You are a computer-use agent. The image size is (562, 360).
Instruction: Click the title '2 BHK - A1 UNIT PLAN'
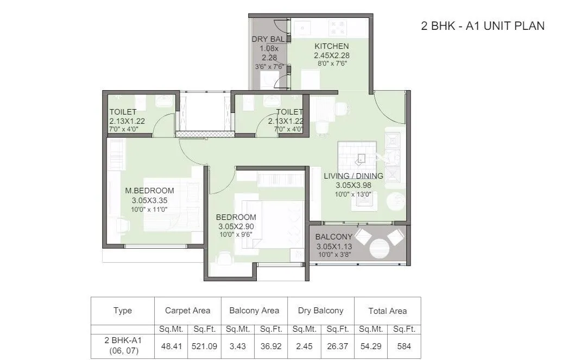482,26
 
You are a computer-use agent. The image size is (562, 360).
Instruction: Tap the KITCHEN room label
331,46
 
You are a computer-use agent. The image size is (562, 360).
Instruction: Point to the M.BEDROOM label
149,191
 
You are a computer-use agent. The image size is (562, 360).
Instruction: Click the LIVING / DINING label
353,176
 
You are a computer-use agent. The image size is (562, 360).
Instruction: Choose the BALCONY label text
334,237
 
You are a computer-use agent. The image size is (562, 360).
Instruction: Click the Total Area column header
387,311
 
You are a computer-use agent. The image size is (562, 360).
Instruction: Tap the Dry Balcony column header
320,311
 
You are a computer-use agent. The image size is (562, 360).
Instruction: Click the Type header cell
123,311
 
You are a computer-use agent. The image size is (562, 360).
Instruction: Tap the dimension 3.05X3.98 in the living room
353,185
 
